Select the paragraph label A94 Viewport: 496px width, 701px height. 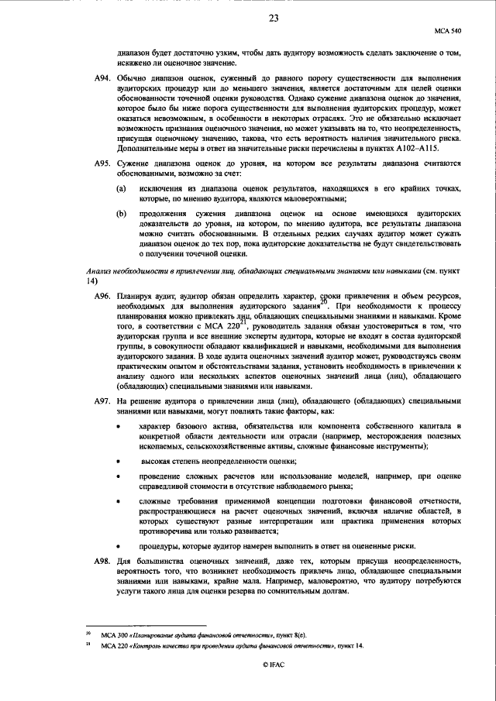102,79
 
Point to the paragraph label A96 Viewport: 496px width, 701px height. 102,297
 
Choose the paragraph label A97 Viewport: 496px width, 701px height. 102,404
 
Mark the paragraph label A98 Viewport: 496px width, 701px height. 102,560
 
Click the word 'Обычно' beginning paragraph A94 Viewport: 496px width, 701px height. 133,79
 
